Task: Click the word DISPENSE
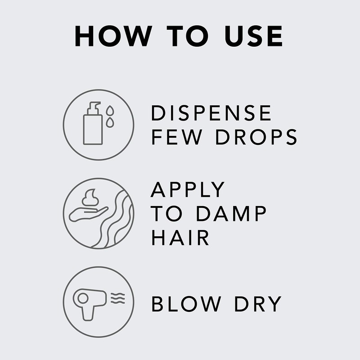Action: pyautogui.click(x=211, y=113)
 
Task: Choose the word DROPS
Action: pyautogui.click(x=256, y=137)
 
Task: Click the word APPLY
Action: pyautogui.click(x=188, y=190)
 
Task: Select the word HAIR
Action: pyautogui.click(x=180, y=238)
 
